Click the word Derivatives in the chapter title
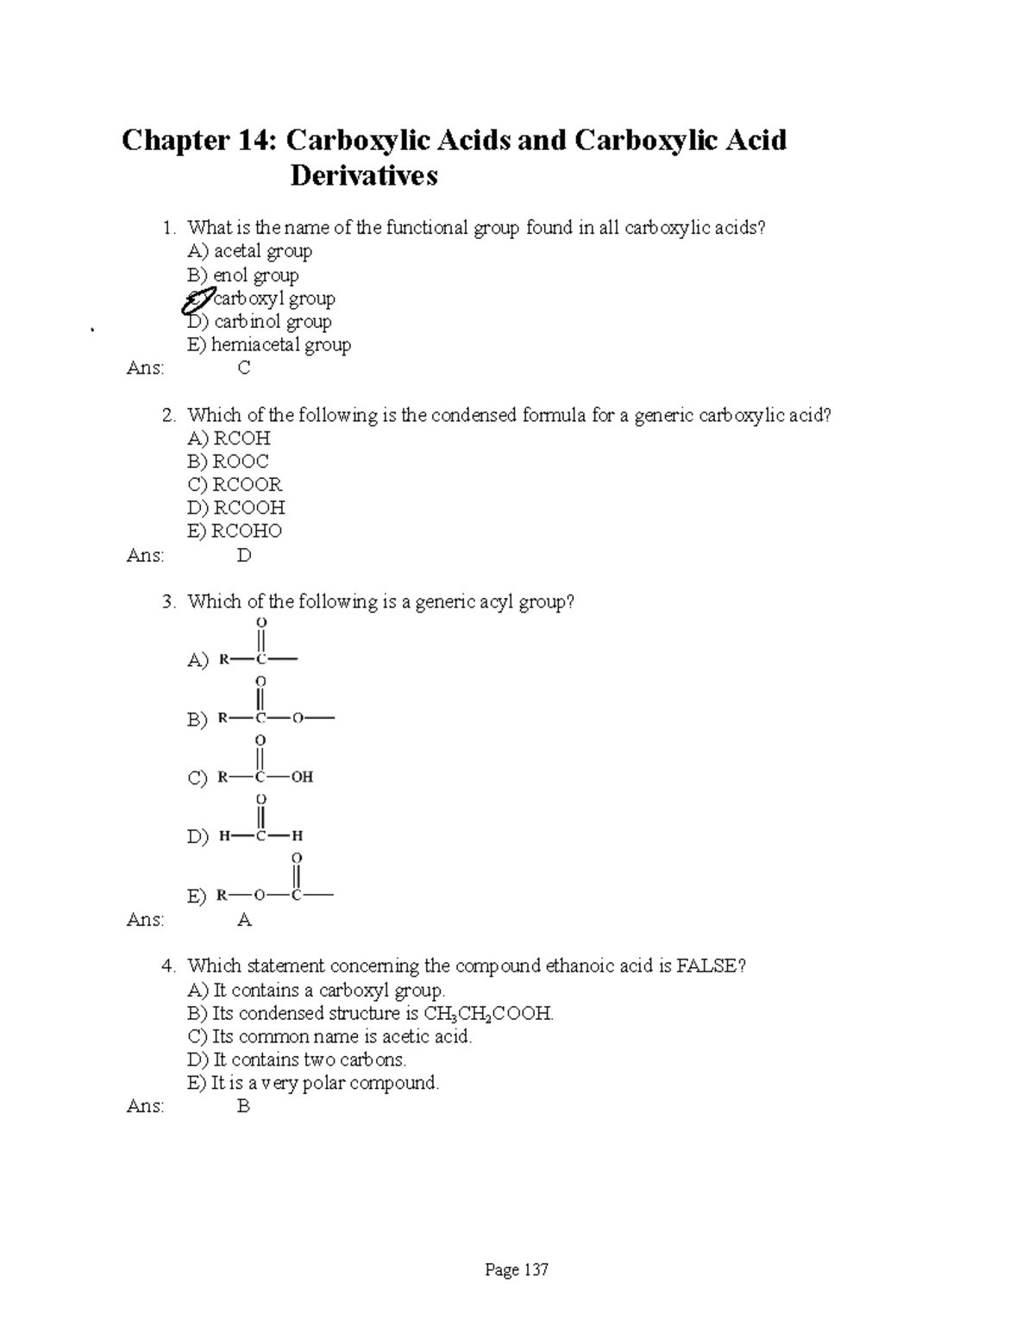[x=364, y=176]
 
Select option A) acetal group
[x=249, y=251]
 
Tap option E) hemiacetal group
[x=269, y=345]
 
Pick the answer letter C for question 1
[x=244, y=368]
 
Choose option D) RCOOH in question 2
[x=235, y=508]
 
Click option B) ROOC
[x=228, y=462]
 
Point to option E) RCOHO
[x=235, y=532]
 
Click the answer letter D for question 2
[x=244, y=556]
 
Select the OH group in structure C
[x=302, y=777]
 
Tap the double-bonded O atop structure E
[x=297, y=858]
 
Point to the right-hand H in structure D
[x=298, y=835]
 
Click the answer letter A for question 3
[x=244, y=921]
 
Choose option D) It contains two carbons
[x=297, y=1060]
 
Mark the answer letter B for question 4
[x=244, y=1106]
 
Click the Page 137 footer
[x=517, y=1270]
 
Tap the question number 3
[x=168, y=602]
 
